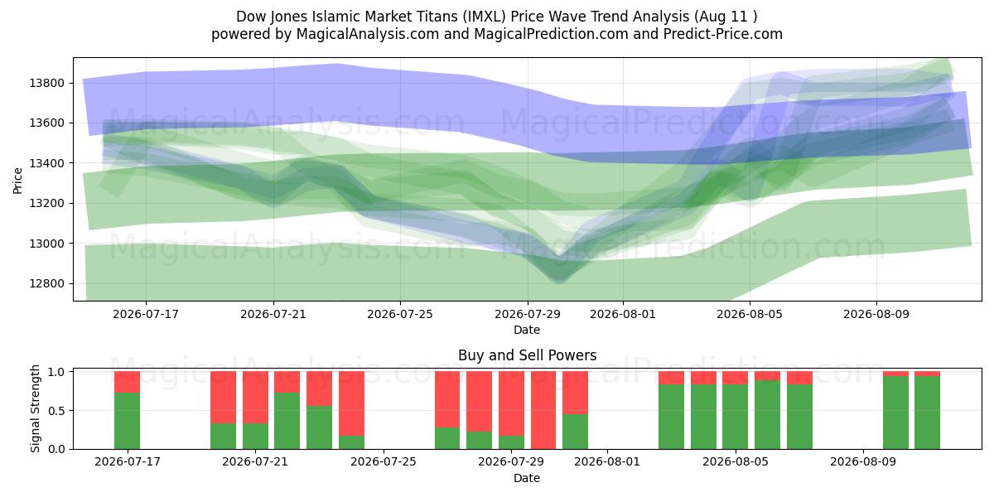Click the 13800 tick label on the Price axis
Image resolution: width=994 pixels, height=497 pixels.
[x=46, y=83]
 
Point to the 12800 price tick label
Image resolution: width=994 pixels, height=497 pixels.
[x=46, y=283]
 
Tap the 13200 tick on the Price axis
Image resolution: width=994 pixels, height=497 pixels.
[x=46, y=203]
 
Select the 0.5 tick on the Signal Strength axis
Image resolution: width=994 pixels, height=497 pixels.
[x=57, y=411]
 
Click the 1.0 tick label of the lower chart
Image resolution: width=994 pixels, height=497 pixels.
[x=57, y=371]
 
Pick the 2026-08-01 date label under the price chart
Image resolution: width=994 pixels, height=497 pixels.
[x=623, y=314]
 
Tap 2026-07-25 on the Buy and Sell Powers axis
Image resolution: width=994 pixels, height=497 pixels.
[x=384, y=462]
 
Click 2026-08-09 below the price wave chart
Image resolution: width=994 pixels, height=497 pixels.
[x=876, y=314]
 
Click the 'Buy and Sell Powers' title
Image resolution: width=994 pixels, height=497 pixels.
[x=527, y=355]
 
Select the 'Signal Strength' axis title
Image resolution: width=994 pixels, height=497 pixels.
[x=35, y=408]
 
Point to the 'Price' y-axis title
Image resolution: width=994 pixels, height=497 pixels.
[x=17, y=181]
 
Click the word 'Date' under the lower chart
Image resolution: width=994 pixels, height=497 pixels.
[x=527, y=479]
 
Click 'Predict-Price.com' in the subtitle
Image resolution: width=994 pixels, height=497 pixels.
[x=723, y=34]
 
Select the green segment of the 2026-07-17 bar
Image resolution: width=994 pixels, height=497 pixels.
[x=127, y=421]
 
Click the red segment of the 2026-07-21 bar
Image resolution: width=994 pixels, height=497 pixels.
[x=255, y=398]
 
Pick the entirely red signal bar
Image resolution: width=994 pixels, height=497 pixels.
[x=543, y=410]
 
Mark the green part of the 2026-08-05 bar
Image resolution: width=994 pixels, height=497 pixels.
[x=736, y=417]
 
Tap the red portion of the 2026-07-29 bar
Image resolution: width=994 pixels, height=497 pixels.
[x=511, y=403]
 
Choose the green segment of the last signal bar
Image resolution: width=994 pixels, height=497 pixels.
[x=928, y=413]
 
